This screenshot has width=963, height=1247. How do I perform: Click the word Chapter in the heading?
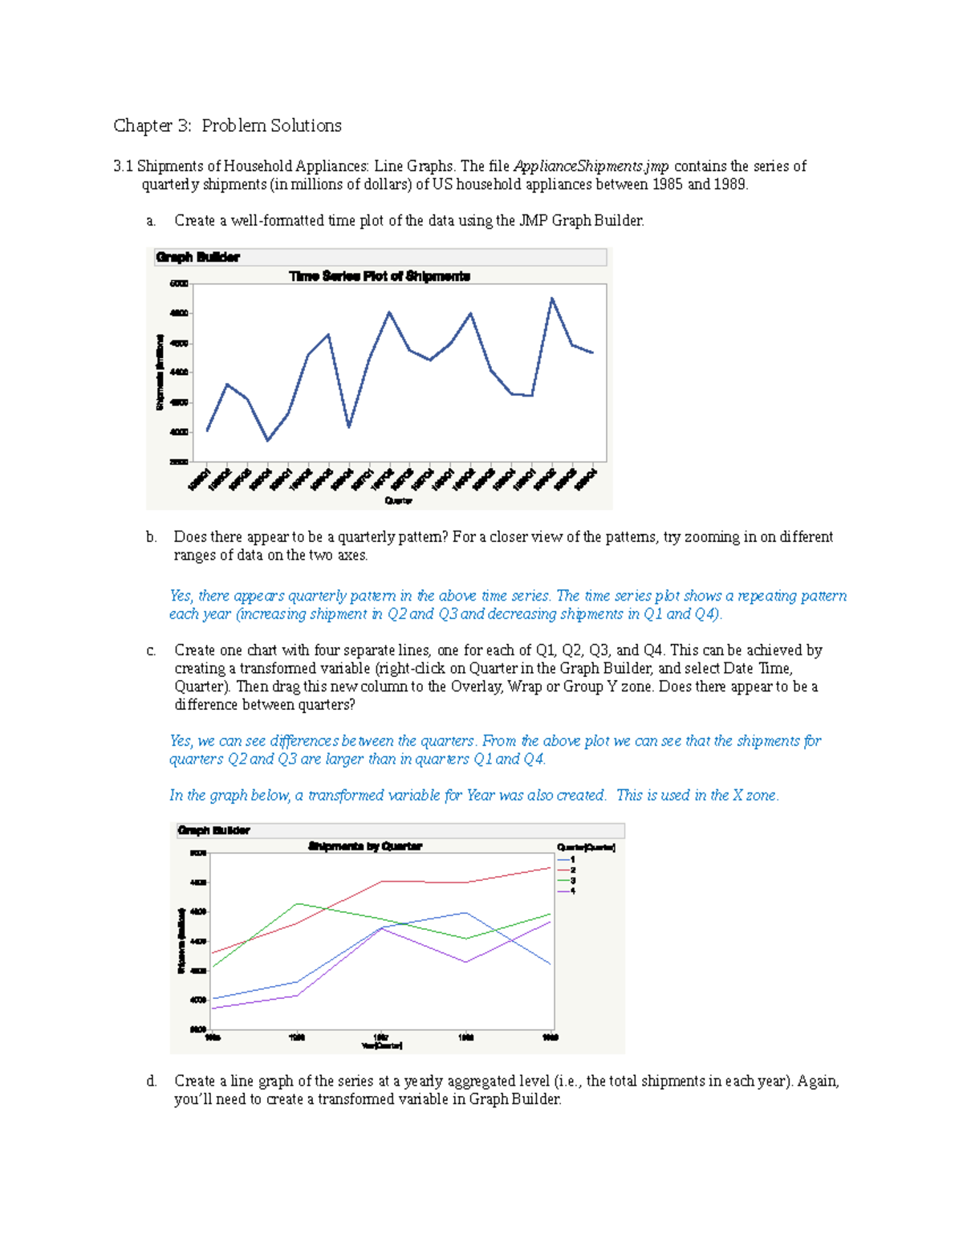pos(142,126)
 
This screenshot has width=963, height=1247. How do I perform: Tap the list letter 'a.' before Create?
pos(152,221)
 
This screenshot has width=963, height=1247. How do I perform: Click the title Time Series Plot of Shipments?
pos(380,276)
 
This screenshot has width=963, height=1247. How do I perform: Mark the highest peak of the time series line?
pos(552,298)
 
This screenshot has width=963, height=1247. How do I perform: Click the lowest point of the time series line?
pos(268,440)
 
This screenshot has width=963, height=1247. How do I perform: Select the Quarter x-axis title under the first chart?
pos(398,500)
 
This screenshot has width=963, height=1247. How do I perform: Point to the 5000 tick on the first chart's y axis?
pos(178,283)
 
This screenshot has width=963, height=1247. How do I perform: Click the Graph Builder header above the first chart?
pos(197,257)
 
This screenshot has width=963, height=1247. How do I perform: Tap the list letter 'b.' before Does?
pos(152,537)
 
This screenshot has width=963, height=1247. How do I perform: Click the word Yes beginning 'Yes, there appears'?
pos(180,596)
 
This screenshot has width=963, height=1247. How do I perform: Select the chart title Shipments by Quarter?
pos(365,846)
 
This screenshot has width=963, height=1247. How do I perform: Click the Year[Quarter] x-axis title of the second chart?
pos(382,1045)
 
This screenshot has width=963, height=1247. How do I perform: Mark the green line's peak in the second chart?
pos(298,903)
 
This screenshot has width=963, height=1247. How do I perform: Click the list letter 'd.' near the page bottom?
pos(152,1082)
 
